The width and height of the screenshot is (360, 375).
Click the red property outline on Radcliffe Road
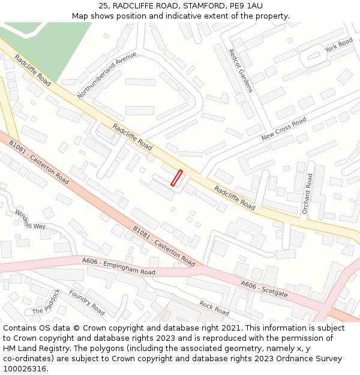coord(176,178)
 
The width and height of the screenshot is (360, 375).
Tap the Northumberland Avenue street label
coord(107,74)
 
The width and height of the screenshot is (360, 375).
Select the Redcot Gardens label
coord(241,71)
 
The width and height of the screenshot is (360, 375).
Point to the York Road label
coord(338,44)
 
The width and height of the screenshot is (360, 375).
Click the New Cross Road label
coord(284,129)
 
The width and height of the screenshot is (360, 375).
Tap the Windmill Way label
coord(30,220)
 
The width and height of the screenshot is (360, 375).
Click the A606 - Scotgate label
coord(264,289)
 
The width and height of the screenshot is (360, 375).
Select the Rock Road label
coord(214,308)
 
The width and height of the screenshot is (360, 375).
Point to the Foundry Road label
coord(87,302)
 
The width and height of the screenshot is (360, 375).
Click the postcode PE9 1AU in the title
coord(246,6)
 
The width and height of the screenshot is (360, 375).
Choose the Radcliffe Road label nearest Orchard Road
coord(235,197)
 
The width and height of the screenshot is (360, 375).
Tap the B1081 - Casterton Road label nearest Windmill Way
coord(39,161)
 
